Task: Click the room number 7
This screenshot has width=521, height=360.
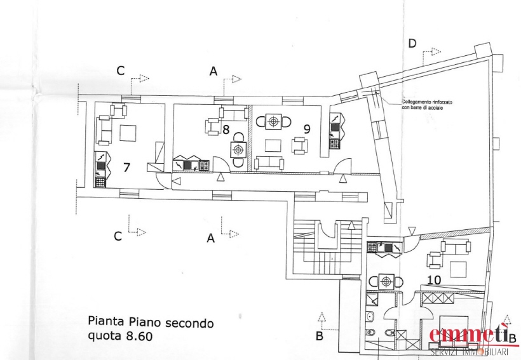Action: (x=126, y=168)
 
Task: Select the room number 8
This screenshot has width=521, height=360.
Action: (x=226, y=130)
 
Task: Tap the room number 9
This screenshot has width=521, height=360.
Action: (x=307, y=128)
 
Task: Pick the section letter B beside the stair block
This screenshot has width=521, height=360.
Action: (x=320, y=337)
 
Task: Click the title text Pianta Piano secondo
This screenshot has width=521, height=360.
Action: (x=151, y=323)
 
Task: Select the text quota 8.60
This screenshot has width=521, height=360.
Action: (x=120, y=337)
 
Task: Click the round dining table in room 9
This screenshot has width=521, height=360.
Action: (x=274, y=121)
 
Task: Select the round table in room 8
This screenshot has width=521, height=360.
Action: (x=238, y=150)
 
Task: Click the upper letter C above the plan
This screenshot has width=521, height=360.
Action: (x=120, y=71)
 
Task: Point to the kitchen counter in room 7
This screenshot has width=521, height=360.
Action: (x=100, y=170)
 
